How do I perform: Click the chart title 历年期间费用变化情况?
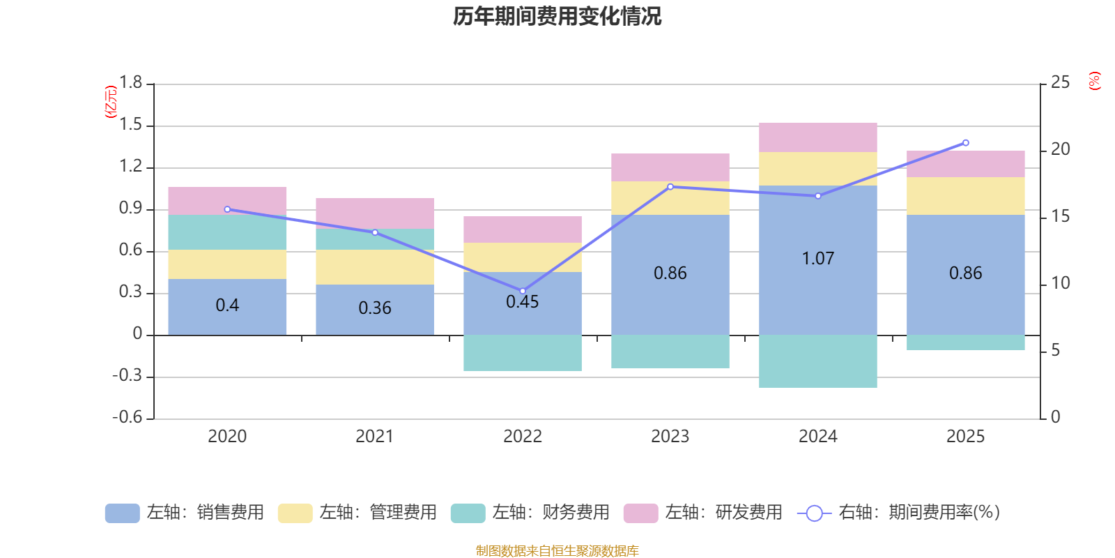[x=557, y=17]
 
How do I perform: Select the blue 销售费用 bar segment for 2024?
[x=818, y=260]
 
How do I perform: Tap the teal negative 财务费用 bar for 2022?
[x=523, y=353]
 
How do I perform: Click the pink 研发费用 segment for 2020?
[x=227, y=201]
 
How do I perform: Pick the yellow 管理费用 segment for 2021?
[x=375, y=267]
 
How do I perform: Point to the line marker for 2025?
[x=966, y=143]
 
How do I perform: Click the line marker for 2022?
[x=523, y=291]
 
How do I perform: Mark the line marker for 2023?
[x=670, y=187]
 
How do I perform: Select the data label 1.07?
[x=818, y=259]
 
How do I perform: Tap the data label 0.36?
[x=375, y=308]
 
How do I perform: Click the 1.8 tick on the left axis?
[x=130, y=82]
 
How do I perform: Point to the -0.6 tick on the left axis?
[x=128, y=417]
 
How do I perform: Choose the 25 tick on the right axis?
[x=1060, y=82]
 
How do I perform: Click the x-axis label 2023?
[x=670, y=437]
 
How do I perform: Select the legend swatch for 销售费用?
[x=123, y=513]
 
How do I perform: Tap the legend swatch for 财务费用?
[x=468, y=513]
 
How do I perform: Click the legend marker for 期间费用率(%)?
[x=815, y=513]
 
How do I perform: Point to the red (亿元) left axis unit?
[x=111, y=102]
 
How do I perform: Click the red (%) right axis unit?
[x=1094, y=81]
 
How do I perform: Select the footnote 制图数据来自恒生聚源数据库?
[x=557, y=550]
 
